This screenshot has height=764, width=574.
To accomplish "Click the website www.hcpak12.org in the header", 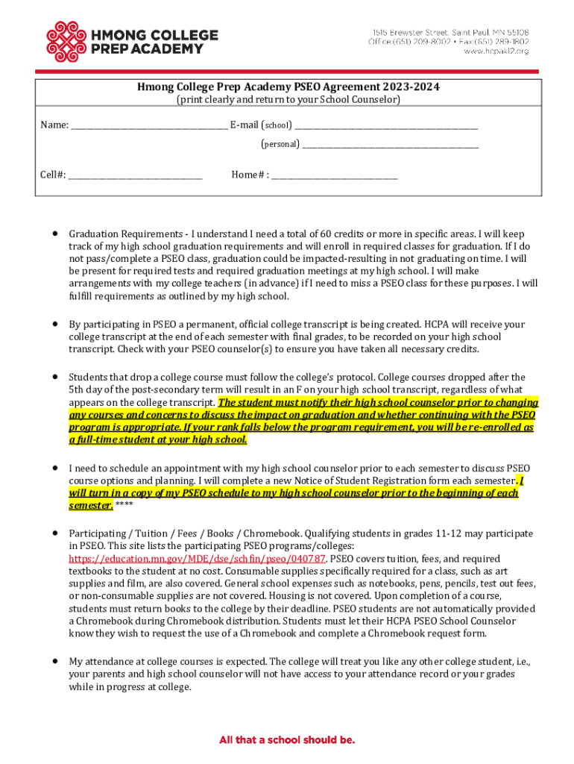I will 496,51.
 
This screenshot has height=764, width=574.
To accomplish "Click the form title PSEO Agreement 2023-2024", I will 288,87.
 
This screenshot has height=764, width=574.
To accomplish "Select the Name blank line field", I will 148,125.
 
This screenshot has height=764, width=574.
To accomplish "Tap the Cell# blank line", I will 135,175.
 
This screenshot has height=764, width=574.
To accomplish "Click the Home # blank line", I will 335,175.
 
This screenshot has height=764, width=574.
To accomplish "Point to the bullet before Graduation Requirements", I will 55,234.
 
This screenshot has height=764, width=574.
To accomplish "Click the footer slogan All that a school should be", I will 287,740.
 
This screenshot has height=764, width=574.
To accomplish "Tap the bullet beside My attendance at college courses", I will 55,661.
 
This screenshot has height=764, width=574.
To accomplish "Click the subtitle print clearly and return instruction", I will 288,99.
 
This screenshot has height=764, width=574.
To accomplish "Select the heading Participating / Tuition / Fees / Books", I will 174,533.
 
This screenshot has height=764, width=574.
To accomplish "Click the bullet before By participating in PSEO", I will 55,325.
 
